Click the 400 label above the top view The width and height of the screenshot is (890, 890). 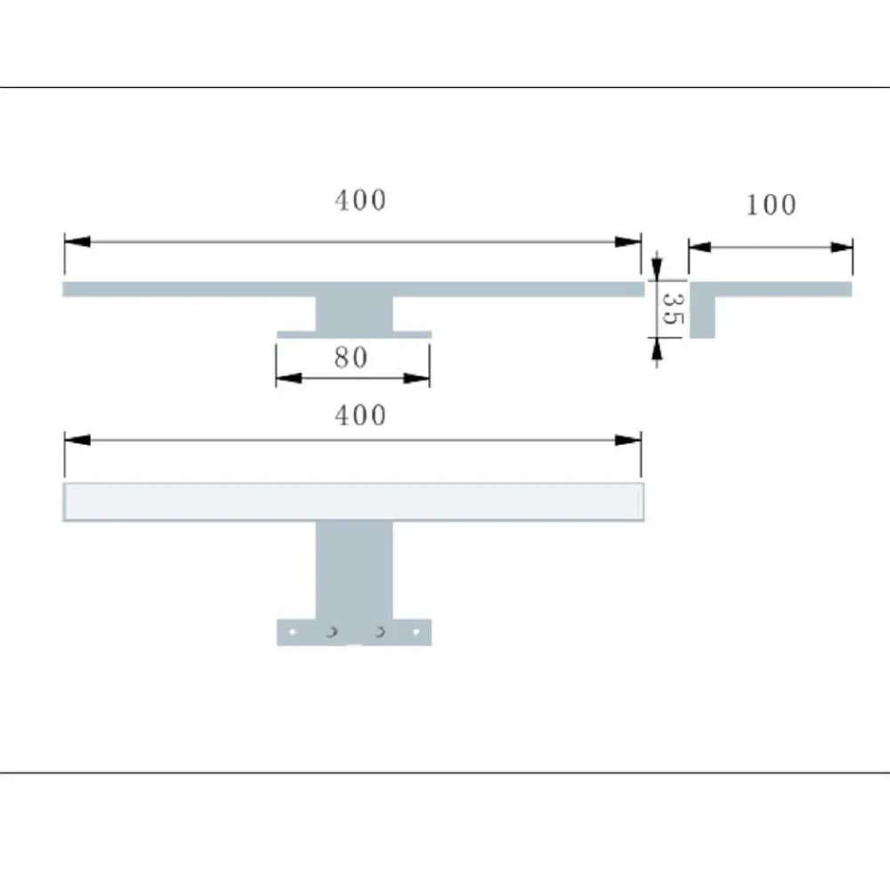pos(360,200)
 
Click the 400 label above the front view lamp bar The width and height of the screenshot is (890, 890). pos(360,415)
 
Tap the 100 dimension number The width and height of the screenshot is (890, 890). pos(771,205)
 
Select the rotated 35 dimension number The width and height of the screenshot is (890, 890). pos(674,309)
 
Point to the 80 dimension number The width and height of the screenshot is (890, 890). pos(351,357)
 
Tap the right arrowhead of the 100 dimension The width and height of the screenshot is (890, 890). pos(841,247)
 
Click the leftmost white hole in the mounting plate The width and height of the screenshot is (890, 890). pos(291,632)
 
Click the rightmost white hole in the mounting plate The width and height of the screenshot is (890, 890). pos(415,632)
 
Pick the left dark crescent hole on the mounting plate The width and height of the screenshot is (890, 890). pos(330,632)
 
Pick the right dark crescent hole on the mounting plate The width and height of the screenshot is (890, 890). pos(380,632)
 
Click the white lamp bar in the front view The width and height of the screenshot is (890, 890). pos(353,503)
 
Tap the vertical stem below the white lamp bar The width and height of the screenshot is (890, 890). pos(353,570)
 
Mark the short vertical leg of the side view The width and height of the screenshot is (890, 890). pos(702,317)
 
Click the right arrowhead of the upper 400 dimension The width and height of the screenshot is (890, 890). pos(628,242)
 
